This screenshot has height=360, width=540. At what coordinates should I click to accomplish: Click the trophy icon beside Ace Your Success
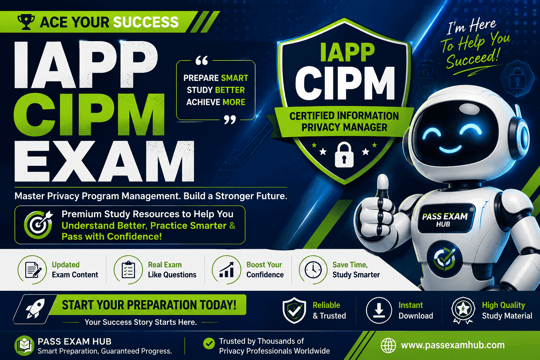click(26, 22)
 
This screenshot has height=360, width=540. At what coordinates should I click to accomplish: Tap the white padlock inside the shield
click(344, 155)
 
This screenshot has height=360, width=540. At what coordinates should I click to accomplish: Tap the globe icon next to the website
click(388, 345)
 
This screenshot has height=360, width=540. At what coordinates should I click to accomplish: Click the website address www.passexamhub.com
click(453, 345)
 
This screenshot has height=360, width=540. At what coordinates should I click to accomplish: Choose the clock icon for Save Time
click(313, 270)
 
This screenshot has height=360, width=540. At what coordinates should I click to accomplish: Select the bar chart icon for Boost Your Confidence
click(226, 270)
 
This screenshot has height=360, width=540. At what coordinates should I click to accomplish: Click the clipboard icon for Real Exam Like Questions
click(128, 270)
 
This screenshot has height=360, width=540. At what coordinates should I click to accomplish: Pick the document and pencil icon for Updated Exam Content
click(32, 270)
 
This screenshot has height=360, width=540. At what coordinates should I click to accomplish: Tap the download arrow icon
click(379, 310)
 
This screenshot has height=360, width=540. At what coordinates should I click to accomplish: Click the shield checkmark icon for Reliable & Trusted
click(294, 310)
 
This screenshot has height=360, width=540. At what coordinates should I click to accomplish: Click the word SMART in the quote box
click(234, 78)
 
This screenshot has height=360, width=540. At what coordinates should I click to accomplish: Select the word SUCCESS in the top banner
click(146, 22)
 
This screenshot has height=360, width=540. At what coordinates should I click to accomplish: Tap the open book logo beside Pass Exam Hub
click(24, 346)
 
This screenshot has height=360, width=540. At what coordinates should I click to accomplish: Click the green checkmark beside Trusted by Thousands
click(209, 343)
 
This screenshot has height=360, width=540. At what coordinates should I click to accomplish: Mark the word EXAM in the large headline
click(104, 162)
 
